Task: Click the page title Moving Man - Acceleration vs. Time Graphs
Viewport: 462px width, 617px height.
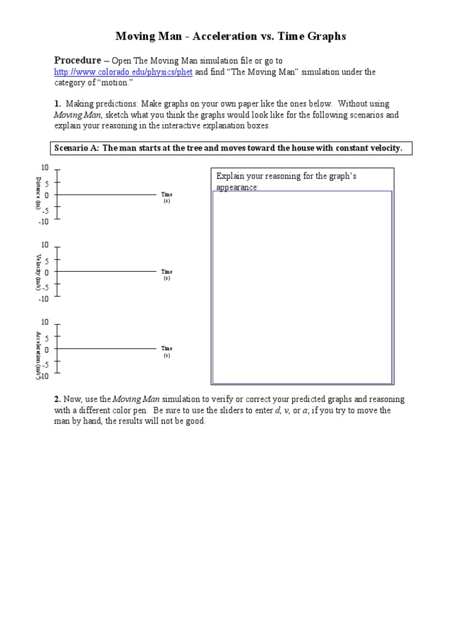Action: point(230,37)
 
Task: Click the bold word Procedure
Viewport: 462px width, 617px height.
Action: point(78,60)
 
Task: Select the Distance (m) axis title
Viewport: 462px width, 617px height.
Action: point(38,193)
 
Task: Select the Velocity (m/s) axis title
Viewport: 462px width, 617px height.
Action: point(38,272)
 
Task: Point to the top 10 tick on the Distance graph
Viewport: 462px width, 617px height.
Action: point(45,167)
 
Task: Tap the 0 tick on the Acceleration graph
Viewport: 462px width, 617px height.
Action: point(46,349)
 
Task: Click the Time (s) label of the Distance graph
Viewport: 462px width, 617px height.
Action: point(167,198)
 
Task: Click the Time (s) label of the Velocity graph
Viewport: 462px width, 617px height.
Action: point(167,275)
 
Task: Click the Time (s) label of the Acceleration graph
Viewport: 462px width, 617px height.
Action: point(167,352)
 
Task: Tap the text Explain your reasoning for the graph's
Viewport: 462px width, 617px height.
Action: point(286,177)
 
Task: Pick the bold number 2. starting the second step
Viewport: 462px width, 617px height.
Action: point(57,399)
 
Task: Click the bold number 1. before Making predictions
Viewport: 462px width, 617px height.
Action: point(57,104)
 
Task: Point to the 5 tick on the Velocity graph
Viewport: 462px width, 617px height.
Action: point(46,260)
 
